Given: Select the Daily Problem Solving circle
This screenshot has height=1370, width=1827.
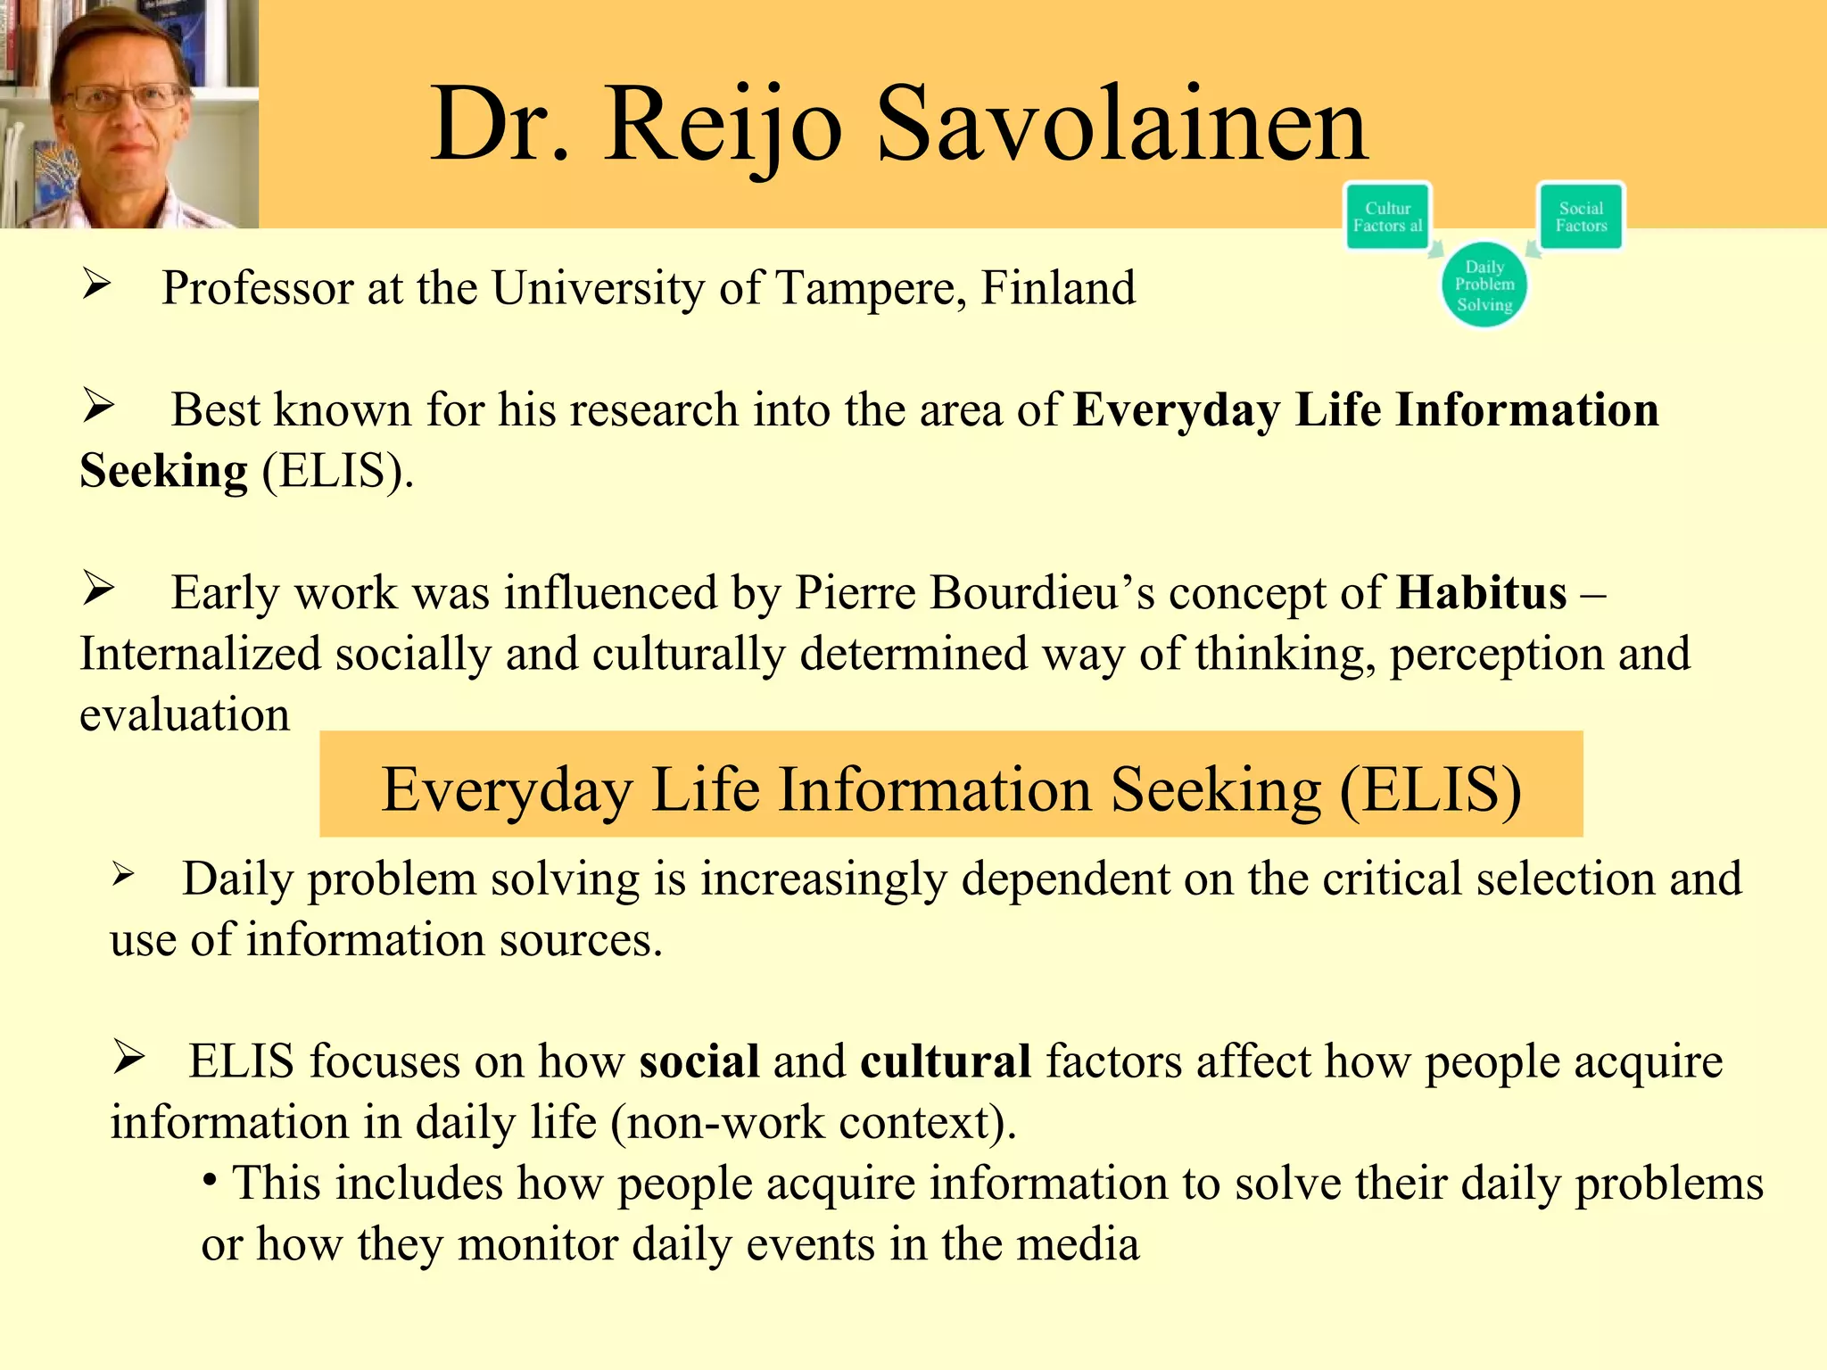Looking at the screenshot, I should pos(1484,285).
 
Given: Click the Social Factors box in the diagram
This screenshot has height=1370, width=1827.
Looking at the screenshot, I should pos(1581,216).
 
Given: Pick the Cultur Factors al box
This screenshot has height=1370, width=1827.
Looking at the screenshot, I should pos(1387,216).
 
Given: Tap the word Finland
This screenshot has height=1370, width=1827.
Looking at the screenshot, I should pos(1058,288).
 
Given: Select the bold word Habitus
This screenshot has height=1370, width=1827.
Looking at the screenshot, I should pos(1481,592).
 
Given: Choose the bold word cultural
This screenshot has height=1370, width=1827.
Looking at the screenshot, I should pos(946,1061).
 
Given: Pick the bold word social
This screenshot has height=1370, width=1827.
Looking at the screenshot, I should pos(699,1061).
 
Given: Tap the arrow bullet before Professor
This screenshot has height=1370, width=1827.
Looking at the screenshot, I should pos(96,285).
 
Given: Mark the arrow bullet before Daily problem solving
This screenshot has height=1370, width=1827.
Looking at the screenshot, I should pos(123,875).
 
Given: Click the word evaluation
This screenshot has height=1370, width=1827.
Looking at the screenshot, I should pos(185,714).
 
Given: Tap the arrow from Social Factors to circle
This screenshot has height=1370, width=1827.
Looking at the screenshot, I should pos(1534,249).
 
